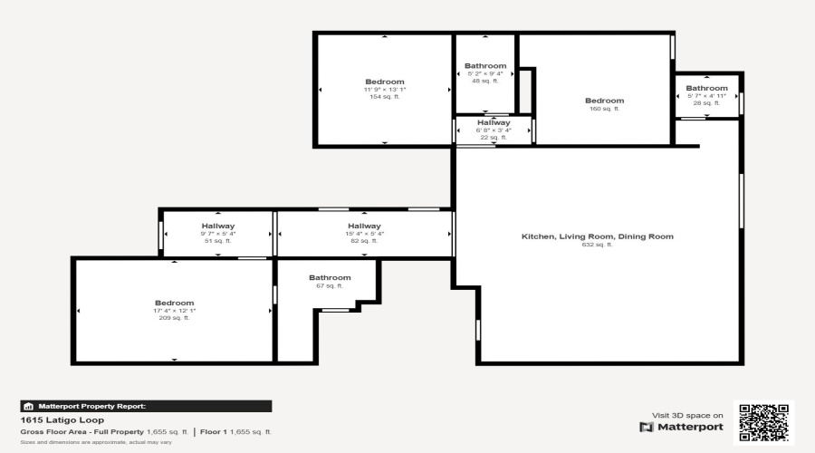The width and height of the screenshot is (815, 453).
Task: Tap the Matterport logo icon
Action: (x=646, y=427)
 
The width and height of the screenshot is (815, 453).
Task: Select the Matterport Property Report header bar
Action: (x=146, y=407)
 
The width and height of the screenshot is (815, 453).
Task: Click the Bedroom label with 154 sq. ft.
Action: (x=384, y=82)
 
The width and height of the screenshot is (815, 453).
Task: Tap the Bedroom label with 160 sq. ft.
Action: (x=604, y=101)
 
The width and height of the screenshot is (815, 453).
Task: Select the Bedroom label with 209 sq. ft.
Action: (x=174, y=303)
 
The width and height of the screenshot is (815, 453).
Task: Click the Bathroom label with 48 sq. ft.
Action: (x=485, y=66)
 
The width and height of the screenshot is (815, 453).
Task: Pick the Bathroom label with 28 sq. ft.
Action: (x=706, y=88)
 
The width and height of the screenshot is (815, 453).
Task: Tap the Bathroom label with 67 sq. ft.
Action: (x=330, y=277)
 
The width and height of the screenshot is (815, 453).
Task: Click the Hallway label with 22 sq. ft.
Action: (x=494, y=122)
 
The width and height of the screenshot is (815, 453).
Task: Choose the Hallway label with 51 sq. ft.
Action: (x=217, y=226)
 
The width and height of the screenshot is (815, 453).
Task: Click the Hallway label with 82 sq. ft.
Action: (x=364, y=226)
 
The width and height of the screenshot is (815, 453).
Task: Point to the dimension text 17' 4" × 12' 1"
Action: (x=174, y=311)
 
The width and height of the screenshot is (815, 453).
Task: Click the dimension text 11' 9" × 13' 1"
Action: (x=384, y=90)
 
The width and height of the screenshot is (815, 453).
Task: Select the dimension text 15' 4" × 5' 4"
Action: (x=364, y=234)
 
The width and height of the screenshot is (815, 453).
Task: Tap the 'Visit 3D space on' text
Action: (x=687, y=415)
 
